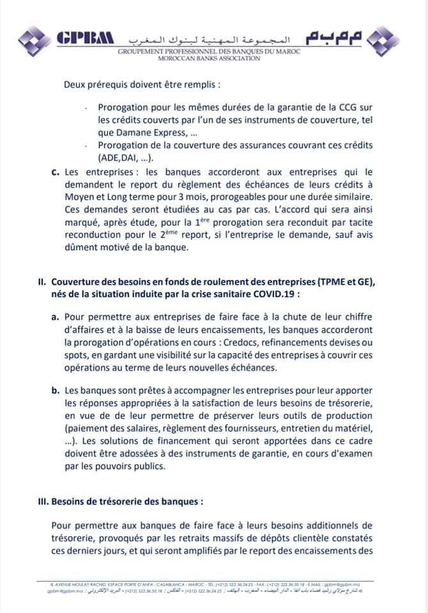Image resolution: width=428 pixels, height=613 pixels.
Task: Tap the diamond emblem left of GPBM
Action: [34, 39]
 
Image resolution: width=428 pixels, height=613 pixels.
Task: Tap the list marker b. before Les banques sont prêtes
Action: [56, 390]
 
